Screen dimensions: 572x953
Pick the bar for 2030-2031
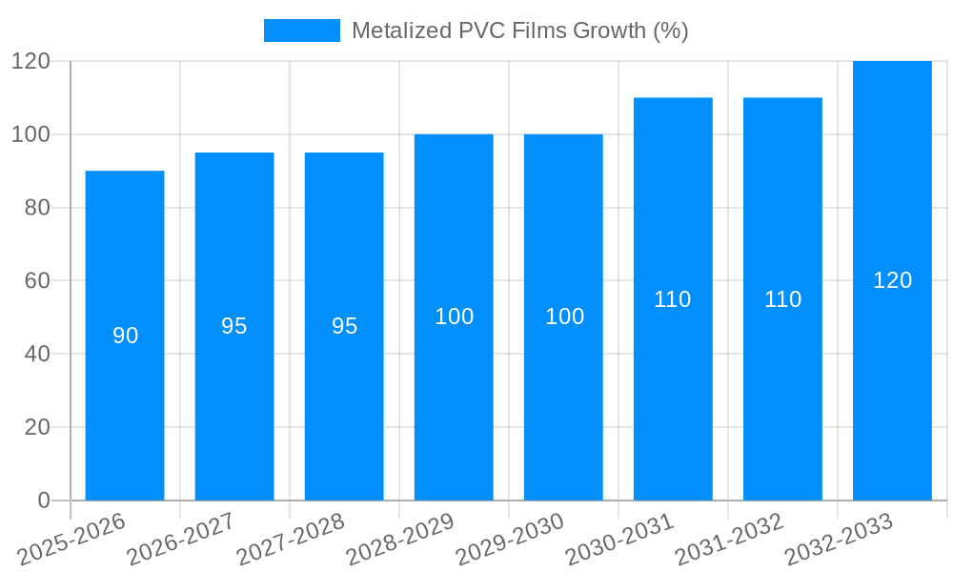point(673,400)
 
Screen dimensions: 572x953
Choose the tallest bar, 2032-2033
point(892,381)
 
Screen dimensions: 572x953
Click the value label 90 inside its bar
point(126,336)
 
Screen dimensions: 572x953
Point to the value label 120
point(893,280)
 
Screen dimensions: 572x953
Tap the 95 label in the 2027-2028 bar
point(345,326)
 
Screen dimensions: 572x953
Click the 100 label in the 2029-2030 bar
point(564,317)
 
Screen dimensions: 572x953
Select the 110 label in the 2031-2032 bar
point(783,299)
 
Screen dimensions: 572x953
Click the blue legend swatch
point(301,31)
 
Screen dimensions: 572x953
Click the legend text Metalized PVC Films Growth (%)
point(519,31)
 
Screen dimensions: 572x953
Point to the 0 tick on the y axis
point(43,500)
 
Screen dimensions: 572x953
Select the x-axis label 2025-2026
point(71,538)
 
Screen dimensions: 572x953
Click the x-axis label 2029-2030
point(510,538)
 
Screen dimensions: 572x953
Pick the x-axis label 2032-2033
point(839,538)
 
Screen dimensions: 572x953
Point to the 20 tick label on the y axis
point(36,427)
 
